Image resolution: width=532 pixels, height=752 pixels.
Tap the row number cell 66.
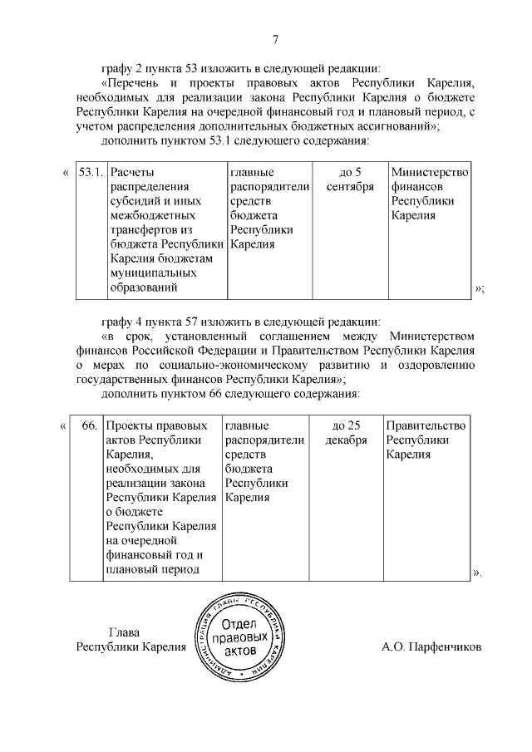tap(90, 425)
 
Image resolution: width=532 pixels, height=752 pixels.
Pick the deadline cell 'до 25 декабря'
tap(346, 433)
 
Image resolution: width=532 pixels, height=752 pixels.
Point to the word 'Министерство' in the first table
tap(429, 173)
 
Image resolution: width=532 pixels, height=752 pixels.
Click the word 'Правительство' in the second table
tap(426, 425)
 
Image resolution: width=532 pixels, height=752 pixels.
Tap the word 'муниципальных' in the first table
tap(153, 273)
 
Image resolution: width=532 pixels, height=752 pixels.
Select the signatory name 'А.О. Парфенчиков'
tap(431, 647)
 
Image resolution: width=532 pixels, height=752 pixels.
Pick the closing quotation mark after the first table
tap(479, 288)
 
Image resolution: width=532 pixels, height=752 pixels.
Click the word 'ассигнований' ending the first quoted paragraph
tap(398, 127)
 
